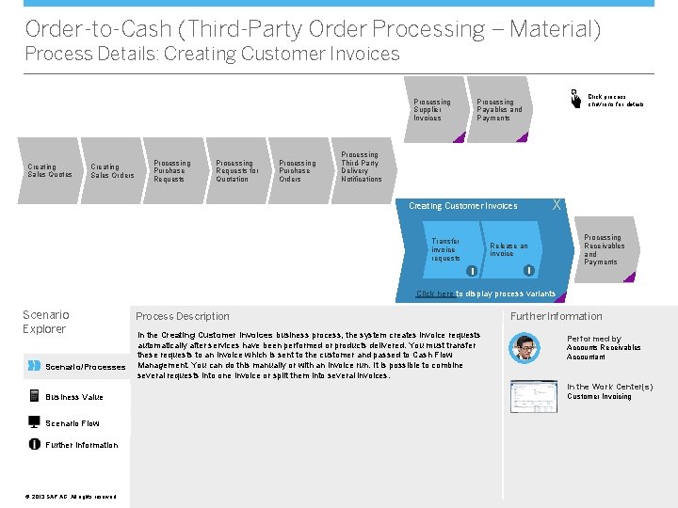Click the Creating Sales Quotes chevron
48,170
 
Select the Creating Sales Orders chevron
111,170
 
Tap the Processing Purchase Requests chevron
173,170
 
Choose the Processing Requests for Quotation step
236,170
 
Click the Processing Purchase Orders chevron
299,170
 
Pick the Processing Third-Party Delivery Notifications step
363,167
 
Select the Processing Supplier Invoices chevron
434,109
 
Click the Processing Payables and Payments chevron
499,109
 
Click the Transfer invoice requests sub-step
448,249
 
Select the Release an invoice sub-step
510,249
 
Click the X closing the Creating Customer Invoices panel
557,204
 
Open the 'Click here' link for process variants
435,294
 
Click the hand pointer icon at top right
573,98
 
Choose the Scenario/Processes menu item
85,366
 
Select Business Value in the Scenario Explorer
74,397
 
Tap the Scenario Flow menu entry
72,422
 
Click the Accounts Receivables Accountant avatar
524,347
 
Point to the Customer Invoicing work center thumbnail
533,396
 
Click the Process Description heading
183,316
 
